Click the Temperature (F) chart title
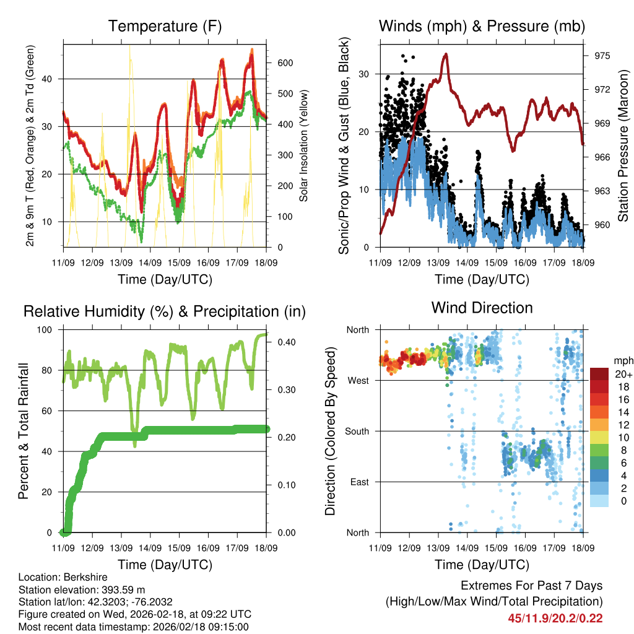(165, 27)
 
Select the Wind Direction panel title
(482, 308)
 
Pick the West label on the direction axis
(359, 380)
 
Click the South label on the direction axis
(357, 431)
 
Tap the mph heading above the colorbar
(622, 360)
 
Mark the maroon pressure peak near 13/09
(445, 54)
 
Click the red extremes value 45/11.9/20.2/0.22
(555, 618)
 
